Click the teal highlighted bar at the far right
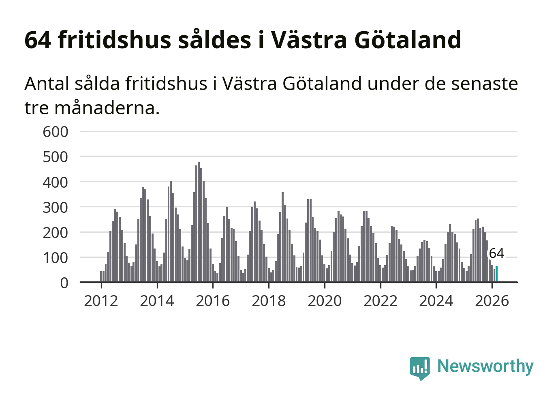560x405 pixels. (x=496, y=274)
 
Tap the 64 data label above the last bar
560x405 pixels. (x=496, y=253)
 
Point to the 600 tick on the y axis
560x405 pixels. (x=56, y=132)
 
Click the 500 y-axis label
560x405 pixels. (x=56, y=157)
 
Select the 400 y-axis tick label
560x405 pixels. (x=56, y=182)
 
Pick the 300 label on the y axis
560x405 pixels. (x=56, y=207)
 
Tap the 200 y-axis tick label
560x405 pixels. (x=56, y=233)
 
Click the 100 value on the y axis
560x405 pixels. (x=56, y=258)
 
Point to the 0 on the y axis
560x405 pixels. (x=64, y=283)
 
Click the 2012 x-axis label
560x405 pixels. (x=101, y=301)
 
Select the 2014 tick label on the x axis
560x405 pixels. (x=157, y=301)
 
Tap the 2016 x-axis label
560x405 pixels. (x=213, y=301)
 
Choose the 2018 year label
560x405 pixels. (x=269, y=301)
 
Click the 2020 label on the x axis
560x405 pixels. (x=325, y=301)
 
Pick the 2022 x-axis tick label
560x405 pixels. (x=380, y=301)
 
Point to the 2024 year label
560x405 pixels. (x=436, y=301)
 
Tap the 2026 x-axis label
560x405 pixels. (x=492, y=301)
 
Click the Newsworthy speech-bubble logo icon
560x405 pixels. (x=419, y=368)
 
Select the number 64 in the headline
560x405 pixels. (x=38, y=40)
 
